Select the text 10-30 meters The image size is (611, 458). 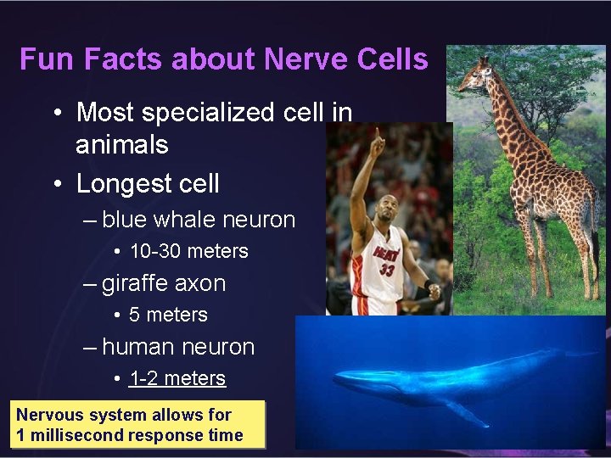click(188, 252)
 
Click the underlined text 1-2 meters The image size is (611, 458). click(177, 378)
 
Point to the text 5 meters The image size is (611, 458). click(168, 315)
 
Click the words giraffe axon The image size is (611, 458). click(163, 283)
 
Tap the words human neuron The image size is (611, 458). click(177, 347)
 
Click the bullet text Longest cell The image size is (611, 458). click(148, 183)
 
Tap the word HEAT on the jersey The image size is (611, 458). click(387, 254)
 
